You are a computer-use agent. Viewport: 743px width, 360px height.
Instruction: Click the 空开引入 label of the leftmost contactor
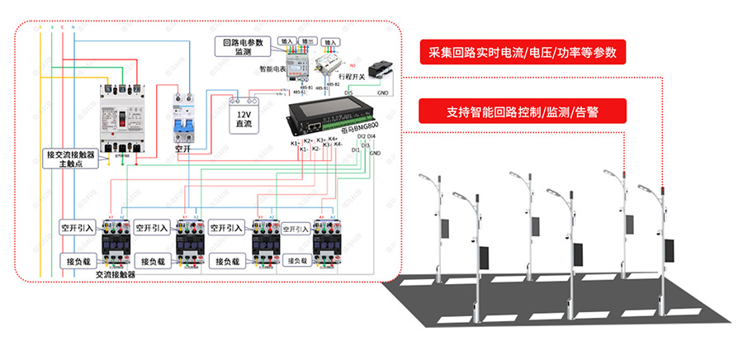coord(78,227)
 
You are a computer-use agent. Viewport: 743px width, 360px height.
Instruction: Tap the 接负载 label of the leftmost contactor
coord(78,261)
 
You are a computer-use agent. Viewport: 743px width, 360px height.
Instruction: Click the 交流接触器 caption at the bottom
coord(115,275)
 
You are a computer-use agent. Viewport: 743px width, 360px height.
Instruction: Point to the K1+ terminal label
coord(296,144)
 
